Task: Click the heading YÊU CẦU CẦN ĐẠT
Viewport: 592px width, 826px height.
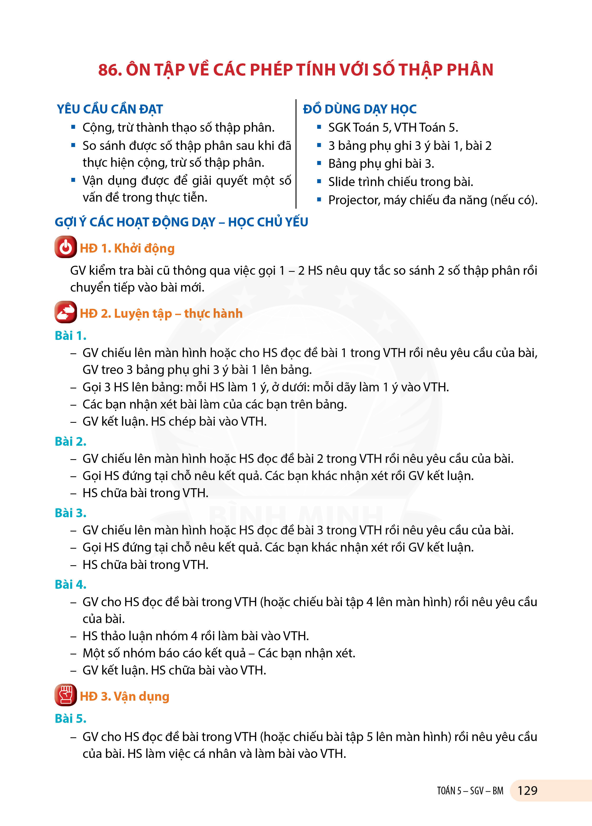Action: tap(109, 109)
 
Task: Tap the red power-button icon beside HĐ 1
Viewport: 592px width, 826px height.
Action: tap(65, 247)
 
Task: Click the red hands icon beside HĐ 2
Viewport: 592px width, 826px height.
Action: tap(65, 312)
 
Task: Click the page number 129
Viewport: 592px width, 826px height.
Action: tap(527, 791)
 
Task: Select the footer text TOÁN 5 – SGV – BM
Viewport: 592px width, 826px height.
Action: tap(470, 791)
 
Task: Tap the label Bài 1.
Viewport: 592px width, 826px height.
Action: tap(70, 335)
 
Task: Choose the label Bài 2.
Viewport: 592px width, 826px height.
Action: tap(70, 442)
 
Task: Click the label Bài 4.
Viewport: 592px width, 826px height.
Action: tap(70, 585)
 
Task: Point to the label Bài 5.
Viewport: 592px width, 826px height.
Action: tap(70, 719)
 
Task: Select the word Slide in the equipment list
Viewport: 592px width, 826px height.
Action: tap(340, 182)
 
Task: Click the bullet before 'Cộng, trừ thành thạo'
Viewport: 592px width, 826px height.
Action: tap(73, 127)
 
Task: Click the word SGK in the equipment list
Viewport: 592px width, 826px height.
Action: tap(339, 127)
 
